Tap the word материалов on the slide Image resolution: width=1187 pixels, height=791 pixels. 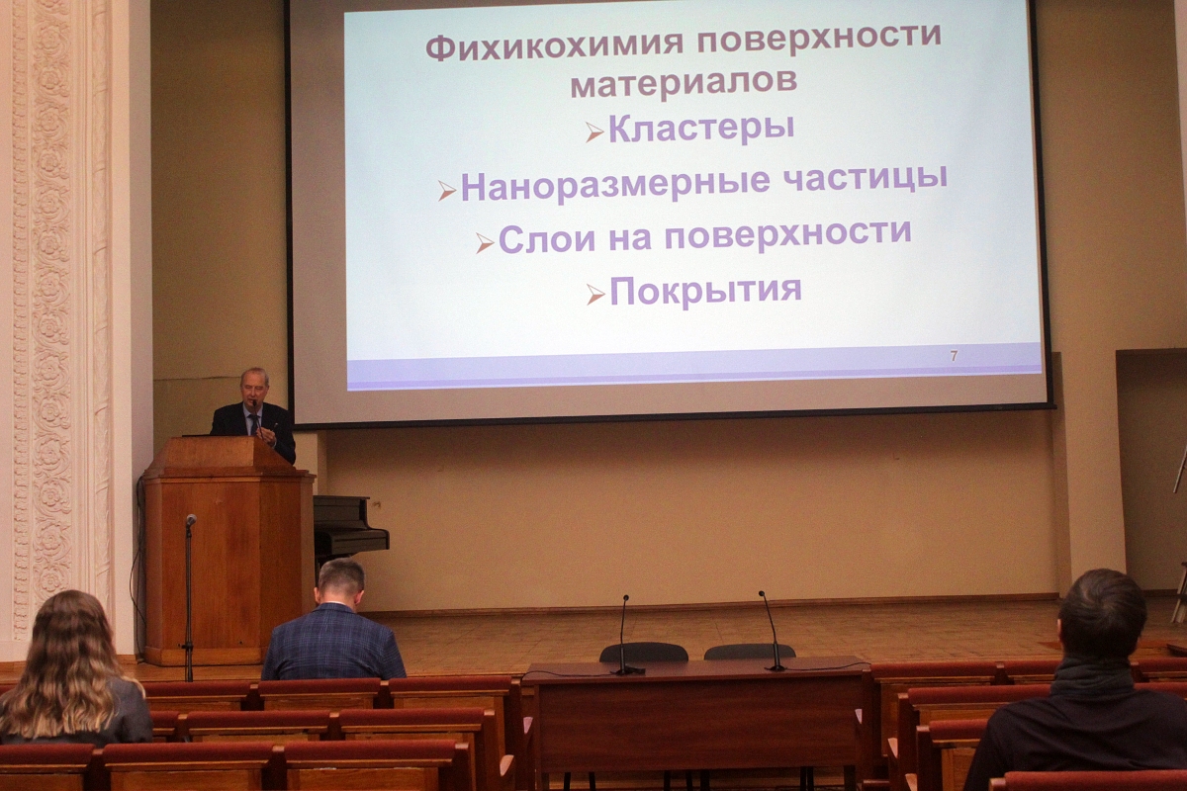pyautogui.click(x=684, y=82)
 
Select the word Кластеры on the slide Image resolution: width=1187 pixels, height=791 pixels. pyautogui.click(x=701, y=129)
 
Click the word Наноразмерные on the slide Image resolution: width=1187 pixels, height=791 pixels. pyautogui.click(x=615, y=186)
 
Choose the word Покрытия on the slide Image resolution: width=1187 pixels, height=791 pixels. pyautogui.click(x=705, y=291)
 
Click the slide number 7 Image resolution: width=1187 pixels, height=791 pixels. pyautogui.click(x=954, y=356)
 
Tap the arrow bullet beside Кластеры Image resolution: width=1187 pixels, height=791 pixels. pyautogui.click(x=594, y=132)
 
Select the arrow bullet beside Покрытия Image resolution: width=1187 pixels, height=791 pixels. pyautogui.click(x=595, y=295)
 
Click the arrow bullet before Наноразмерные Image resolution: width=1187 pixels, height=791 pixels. pyautogui.click(x=447, y=191)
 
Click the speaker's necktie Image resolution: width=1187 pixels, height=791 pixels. pyautogui.click(x=254, y=422)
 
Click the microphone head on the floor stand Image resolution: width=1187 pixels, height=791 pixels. pyautogui.click(x=191, y=520)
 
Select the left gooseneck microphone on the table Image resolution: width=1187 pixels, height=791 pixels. pyautogui.click(x=624, y=634)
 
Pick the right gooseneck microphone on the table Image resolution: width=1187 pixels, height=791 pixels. pyautogui.click(x=771, y=631)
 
